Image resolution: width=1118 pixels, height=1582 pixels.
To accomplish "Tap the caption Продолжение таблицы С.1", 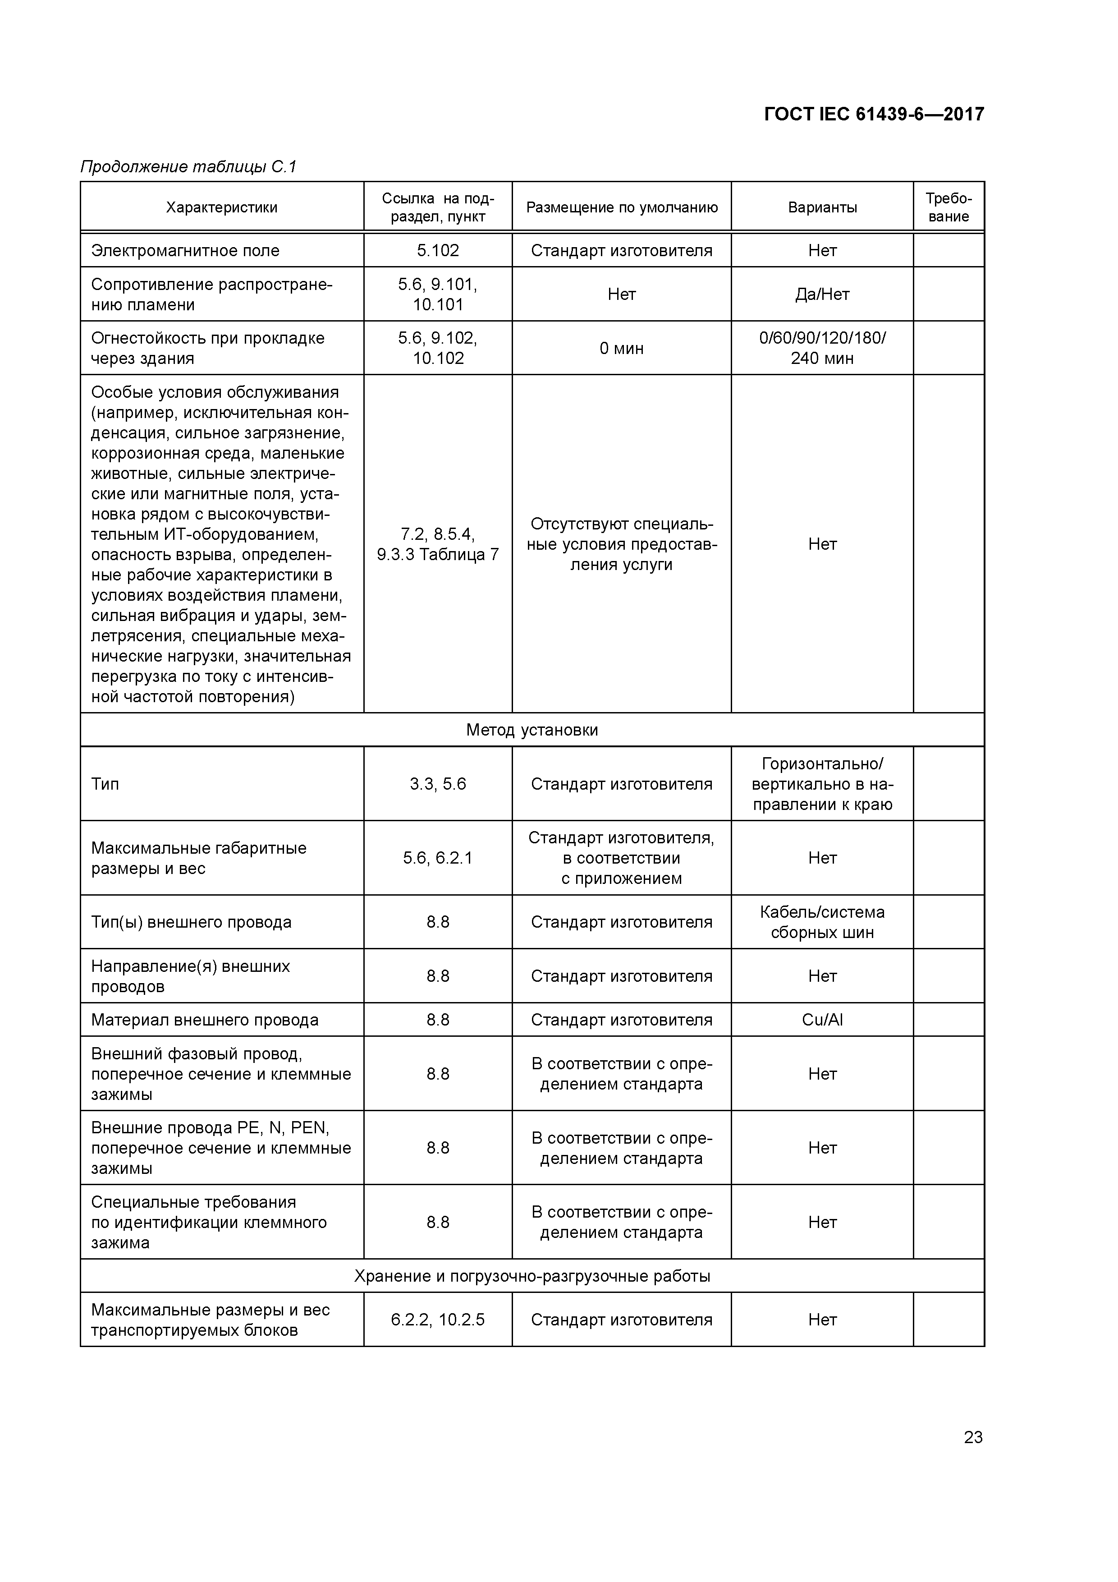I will pos(188,167).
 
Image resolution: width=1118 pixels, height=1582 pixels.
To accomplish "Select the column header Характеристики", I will pos(222,207).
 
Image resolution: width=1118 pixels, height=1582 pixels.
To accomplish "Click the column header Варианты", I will pos(822,207).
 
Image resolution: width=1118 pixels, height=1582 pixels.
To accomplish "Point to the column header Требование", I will pos(948,207).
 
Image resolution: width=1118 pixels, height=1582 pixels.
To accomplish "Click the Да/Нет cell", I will pos(822,294).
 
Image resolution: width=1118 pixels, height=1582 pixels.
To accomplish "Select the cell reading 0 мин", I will pos(621,348).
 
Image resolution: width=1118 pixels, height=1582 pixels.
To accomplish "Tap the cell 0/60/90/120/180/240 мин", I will pos(822,348).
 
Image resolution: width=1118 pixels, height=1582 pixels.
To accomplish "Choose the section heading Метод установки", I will pos(532,730).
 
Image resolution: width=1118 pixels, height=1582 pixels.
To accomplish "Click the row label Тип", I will pos(105,784).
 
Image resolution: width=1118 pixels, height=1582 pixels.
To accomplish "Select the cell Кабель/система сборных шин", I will pos(822,922).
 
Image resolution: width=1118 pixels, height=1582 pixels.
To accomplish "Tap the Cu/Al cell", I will pos(822,1020).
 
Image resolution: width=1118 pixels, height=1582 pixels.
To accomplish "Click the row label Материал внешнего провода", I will pos(205,1020).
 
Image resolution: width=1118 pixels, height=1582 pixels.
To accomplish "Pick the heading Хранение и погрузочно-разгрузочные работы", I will pos(532,1276).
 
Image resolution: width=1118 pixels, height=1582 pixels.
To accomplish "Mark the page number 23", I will pos(973,1437).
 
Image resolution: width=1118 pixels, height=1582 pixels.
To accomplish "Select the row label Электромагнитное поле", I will pos(185,250).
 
